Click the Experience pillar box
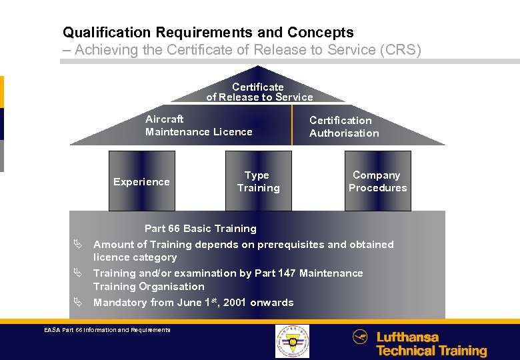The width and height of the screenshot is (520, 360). [x=141, y=181]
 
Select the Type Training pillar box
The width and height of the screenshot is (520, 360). [x=258, y=181]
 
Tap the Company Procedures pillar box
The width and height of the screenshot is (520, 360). [x=377, y=181]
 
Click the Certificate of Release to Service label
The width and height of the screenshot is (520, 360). [x=259, y=92]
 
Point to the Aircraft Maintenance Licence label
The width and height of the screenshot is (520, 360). [x=199, y=125]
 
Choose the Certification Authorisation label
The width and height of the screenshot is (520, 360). [x=343, y=127]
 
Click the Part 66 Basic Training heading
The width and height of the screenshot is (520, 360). [x=200, y=229]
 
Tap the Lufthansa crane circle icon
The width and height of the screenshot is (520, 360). [x=360, y=337]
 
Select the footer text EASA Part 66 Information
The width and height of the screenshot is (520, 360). [x=107, y=329]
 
